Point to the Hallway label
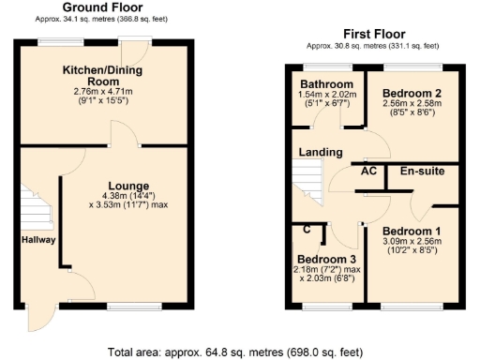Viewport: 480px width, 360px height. click(x=39, y=240)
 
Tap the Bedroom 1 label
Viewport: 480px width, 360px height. click(x=411, y=231)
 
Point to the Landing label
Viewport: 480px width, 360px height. click(x=320, y=152)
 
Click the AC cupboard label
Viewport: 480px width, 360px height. click(x=368, y=172)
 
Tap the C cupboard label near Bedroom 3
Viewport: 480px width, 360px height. click(x=307, y=228)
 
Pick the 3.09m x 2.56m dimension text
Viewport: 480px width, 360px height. click(x=411, y=242)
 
